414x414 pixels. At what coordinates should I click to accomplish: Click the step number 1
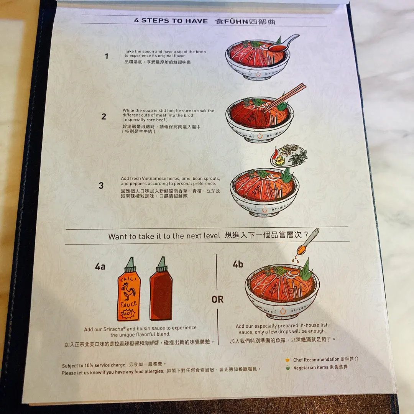(107, 56)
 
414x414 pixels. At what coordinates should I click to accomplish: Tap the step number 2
(104, 117)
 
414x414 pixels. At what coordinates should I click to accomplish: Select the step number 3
(101, 186)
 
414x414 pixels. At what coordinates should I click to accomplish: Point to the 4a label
(100, 266)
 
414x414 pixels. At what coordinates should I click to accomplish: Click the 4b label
(238, 264)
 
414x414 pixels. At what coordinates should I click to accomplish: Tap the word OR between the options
(218, 299)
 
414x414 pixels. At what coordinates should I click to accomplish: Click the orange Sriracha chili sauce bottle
(129, 289)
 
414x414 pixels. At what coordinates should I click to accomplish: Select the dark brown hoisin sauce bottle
(161, 289)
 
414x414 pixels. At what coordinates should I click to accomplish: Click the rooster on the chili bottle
(128, 291)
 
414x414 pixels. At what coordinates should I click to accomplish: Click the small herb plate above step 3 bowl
(289, 156)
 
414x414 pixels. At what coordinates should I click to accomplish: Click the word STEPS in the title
(155, 21)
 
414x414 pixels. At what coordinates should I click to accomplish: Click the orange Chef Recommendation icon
(287, 360)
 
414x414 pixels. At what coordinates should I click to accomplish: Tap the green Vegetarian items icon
(287, 368)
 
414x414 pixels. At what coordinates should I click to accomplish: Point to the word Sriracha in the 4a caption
(114, 329)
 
